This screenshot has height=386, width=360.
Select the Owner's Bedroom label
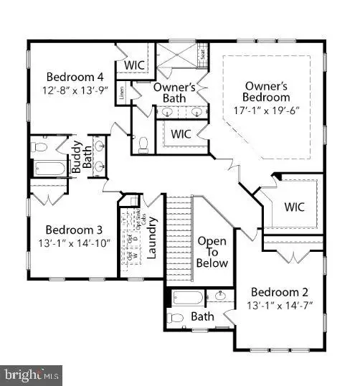(265, 90)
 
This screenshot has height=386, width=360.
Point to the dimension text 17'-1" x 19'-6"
(265, 111)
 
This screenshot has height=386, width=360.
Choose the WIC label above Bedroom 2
(295, 207)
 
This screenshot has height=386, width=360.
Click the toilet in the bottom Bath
(176, 317)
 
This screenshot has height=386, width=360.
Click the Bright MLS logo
(32, 375)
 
